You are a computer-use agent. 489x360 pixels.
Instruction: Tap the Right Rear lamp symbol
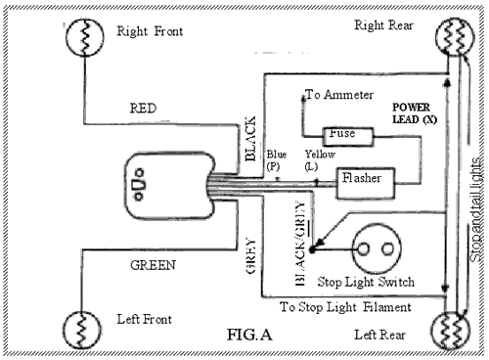pos(458,39)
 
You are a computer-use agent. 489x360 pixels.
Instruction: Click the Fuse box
pos(343,132)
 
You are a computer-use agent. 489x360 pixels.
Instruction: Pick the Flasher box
pos(365,179)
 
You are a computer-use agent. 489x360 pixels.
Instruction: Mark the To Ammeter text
pos(339,95)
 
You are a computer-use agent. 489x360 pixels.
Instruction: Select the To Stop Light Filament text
pos(345,306)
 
